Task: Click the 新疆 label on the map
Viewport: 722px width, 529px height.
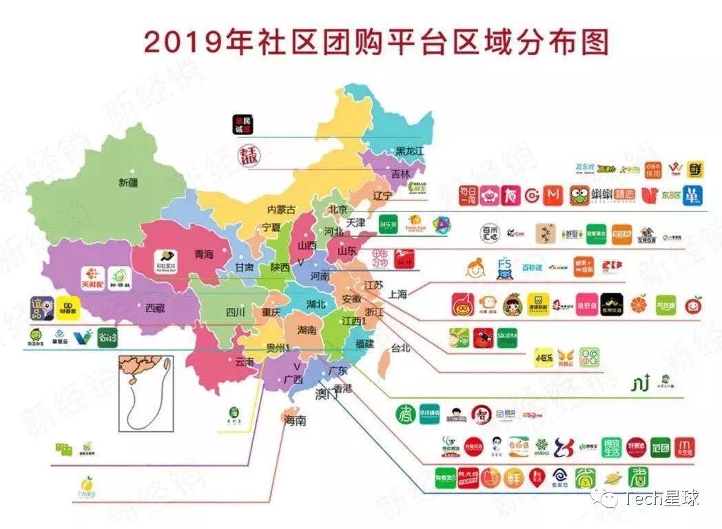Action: [128, 183]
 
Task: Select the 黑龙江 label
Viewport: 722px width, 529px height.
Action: [409, 150]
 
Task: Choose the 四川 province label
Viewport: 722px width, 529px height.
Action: [236, 312]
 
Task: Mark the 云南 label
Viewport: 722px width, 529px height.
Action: [245, 362]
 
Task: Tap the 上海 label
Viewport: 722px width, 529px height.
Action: [399, 293]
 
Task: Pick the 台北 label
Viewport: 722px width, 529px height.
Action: [400, 348]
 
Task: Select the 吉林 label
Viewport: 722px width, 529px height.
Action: [400, 174]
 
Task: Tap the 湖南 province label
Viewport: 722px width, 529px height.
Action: [307, 331]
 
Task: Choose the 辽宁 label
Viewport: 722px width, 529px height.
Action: [382, 196]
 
